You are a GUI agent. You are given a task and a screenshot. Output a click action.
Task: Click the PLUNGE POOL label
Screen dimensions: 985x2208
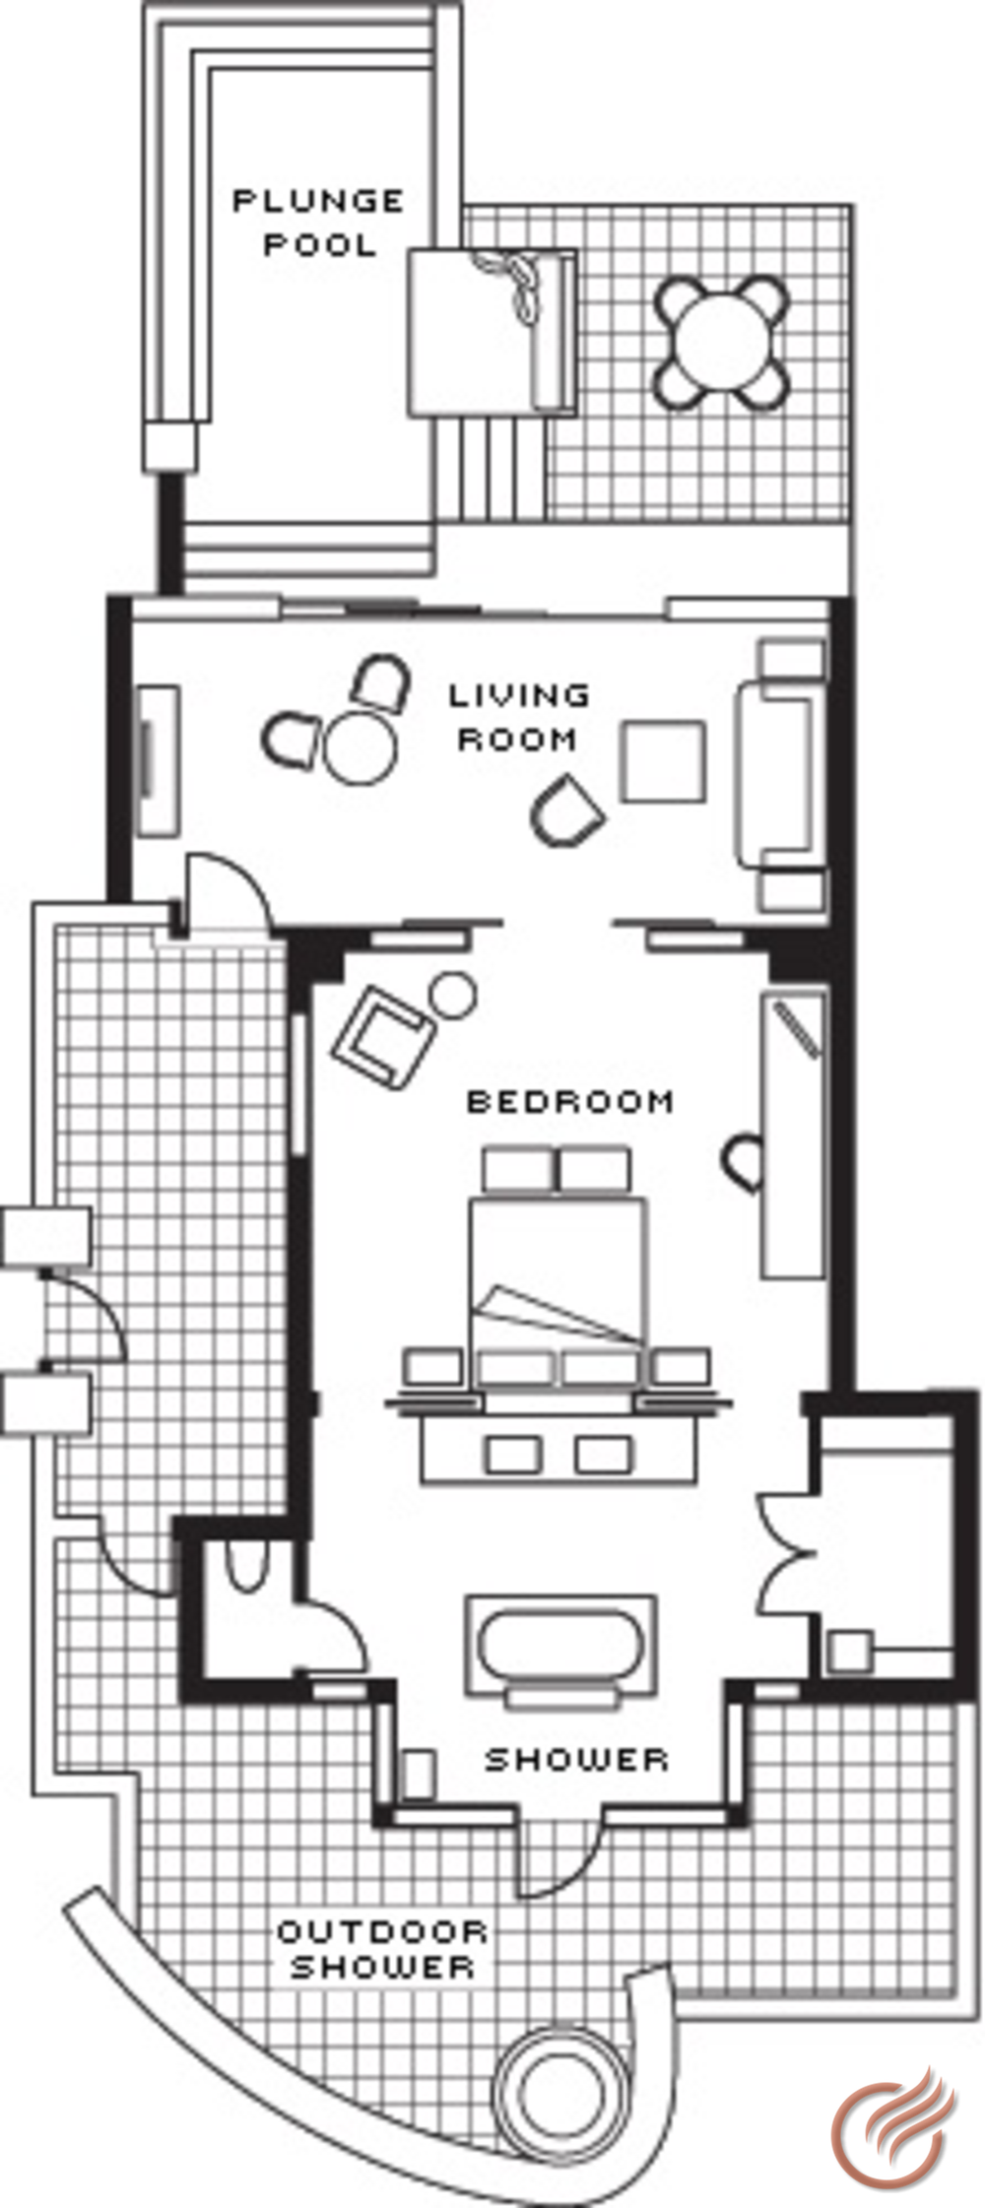[318, 222]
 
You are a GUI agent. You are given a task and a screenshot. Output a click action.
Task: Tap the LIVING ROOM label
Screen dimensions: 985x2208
[519, 717]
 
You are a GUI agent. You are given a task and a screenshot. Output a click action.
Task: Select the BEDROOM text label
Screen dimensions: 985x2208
[570, 1100]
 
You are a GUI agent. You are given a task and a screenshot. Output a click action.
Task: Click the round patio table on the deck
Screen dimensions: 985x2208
[725, 342]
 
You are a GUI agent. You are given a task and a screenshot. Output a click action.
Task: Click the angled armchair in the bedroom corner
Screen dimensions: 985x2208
[384, 1037]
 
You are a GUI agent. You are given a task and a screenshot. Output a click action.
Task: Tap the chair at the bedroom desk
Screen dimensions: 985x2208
[744, 1163]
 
